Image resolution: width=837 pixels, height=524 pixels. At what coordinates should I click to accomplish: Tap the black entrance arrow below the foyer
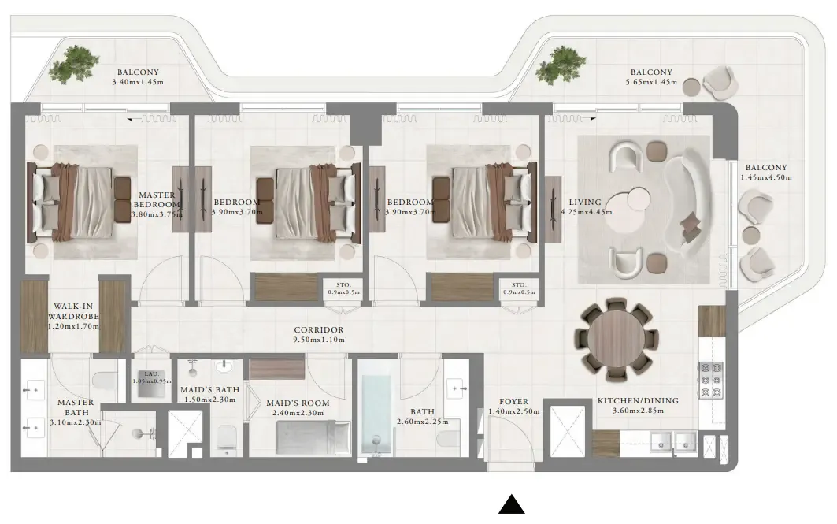pos(513,504)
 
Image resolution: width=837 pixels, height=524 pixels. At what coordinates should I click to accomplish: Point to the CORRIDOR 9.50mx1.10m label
pos(319,335)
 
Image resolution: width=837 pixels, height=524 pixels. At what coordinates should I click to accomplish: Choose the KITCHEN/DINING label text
pos(637,401)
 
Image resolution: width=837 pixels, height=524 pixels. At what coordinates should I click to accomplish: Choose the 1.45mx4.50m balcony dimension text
pos(765,178)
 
